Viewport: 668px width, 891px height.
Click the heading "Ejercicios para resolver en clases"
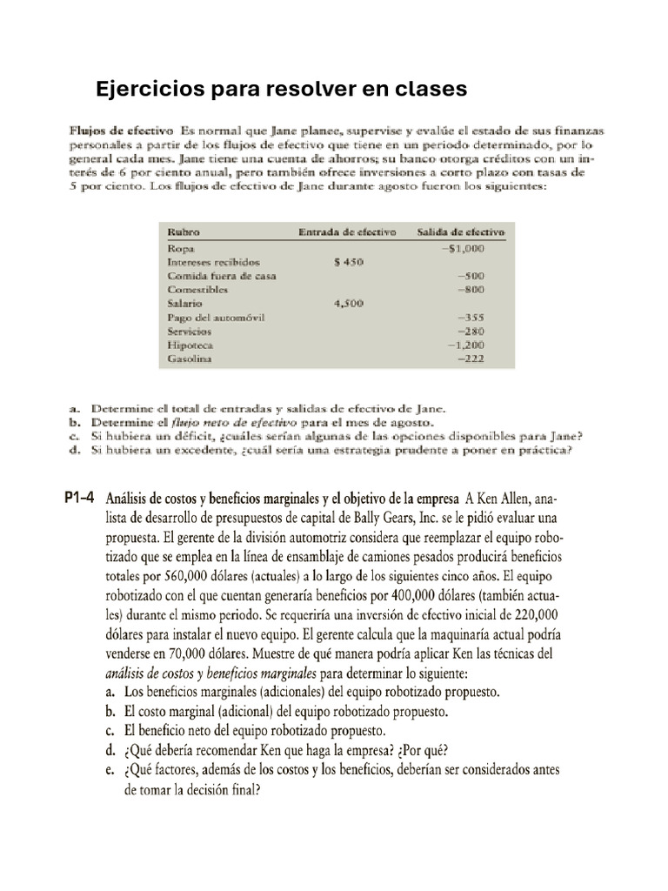[281, 89]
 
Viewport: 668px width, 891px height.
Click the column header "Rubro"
[184, 232]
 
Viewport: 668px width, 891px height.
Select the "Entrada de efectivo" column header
[346, 232]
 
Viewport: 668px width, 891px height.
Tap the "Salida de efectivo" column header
[463, 232]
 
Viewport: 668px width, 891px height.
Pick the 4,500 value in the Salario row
[348, 304]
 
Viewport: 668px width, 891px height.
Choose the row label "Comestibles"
[197, 289]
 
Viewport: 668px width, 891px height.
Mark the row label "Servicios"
[190, 332]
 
